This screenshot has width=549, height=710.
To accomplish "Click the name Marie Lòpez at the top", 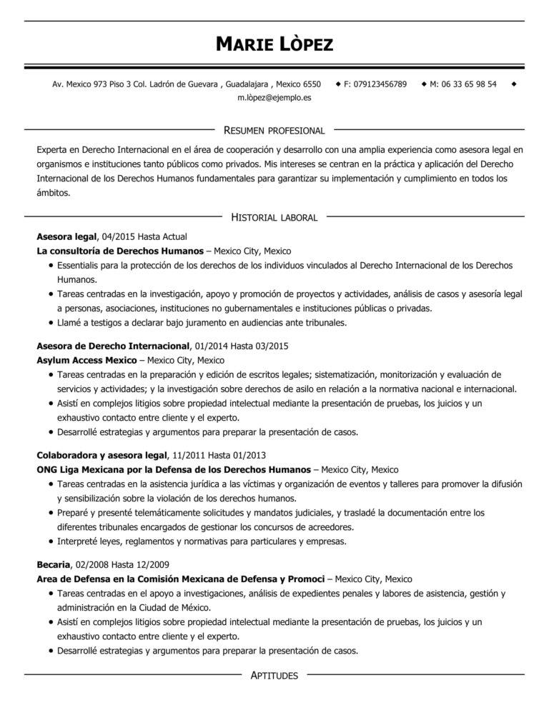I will coord(274,45).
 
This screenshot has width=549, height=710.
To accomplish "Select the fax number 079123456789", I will coord(380,84).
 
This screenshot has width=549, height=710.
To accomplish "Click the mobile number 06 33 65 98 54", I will coord(468,84).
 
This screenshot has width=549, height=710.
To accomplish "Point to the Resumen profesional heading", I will coord(274,131).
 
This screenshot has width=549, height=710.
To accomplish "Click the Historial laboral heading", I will coord(274,217).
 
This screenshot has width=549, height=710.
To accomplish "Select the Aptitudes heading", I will coord(274,675).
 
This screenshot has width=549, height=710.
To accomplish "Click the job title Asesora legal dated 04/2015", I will coord(67,236).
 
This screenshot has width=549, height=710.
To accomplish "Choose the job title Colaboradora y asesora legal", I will coord(101,455).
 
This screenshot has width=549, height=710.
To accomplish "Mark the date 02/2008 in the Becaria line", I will coord(95,564).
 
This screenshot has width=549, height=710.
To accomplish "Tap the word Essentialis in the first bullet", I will coord(78,265).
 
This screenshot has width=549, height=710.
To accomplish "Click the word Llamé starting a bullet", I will coord(69,323).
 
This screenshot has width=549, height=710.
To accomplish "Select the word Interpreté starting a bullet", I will coord(77,541).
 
